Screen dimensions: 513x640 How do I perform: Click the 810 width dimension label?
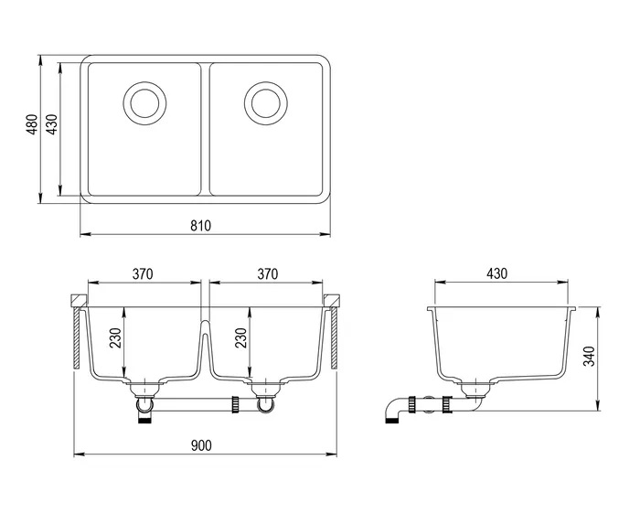pyautogui.click(x=201, y=226)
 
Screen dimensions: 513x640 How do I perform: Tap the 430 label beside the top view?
pyautogui.click(x=52, y=125)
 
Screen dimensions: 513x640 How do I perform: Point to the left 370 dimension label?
pyautogui.click(x=141, y=273)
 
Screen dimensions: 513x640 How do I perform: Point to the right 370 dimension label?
pyautogui.click(x=267, y=273)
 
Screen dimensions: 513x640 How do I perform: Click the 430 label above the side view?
pyautogui.click(x=496, y=273)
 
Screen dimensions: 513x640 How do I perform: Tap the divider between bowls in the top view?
pyautogui.click(x=205, y=128)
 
